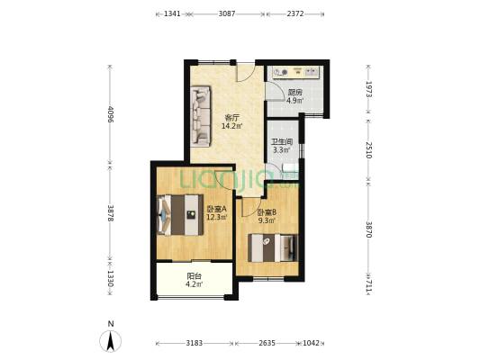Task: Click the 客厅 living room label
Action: pyautogui.click(x=231, y=118)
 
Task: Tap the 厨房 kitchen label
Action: pyautogui.click(x=295, y=93)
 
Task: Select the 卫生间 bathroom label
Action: pyautogui.click(x=282, y=142)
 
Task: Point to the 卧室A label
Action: pyautogui.click(x=217, y=209)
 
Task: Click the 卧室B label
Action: pyautogui.click(x=267, y=212)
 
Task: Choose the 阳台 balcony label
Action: pyautogui.click(x=195, y=276)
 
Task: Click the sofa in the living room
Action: pyautogui.click(x=200, y=116)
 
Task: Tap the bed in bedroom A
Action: pyautogui.click(x=180, y=215)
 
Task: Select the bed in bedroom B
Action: pyautogui.click(x=273, y=247)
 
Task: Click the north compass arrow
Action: pyautogui.click(x=111, y=341)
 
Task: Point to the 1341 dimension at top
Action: pyautogui.click(x=172, y=13)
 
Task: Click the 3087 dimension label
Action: pyautogui.click(x=227, y=13)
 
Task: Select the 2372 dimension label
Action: pyautogui.click(x=295, y=13)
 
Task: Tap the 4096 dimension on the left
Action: pyautogui.click(x=111, y=114)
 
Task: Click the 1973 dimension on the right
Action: pyautogui.click(x=368, y=89)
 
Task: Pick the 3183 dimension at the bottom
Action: pyautogui.click(x=195, y=343)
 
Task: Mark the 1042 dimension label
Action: pyautogui.click(x=311, y=343)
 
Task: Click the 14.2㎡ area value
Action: pyautogui.click(x=231, y=126)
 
